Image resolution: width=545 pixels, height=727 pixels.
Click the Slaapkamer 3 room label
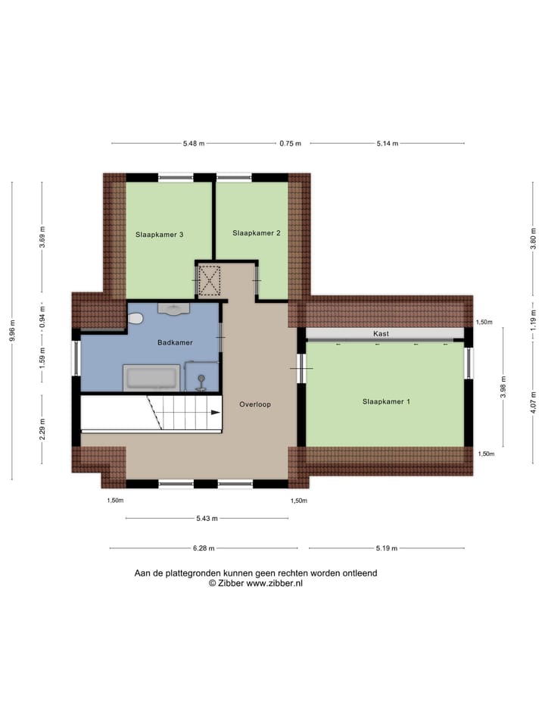coord(160,234)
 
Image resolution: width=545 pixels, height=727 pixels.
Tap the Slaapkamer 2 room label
coord(257,233)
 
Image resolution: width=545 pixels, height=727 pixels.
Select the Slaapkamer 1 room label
coord(386,401)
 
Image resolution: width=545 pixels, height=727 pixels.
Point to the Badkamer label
coord(175,342)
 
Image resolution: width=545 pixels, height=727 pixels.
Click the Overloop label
coord(255,404)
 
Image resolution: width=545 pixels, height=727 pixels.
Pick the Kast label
coord(381,334)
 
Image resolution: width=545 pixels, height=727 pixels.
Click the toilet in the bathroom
coord(135,320)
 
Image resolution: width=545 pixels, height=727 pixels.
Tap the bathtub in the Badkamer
coord(151,377)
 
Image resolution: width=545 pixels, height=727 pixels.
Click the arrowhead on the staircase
coord(216,413)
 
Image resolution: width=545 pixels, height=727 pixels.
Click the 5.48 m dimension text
coord(194,143)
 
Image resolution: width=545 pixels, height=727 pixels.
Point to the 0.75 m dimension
coord(290,143)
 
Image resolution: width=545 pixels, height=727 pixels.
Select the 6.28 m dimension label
coord(204,548)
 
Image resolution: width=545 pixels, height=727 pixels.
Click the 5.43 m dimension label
coord(207,519)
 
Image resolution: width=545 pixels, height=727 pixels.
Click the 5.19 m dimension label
coord(387,548)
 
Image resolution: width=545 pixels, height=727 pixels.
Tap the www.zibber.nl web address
coord(274,584)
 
